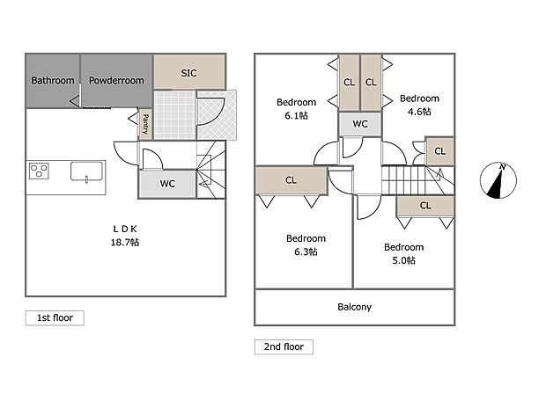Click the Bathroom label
click(x=53, y=81)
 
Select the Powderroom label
click(x=115, y=81)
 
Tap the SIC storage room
click(x=188, y=73)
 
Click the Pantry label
click(x=145, y=125)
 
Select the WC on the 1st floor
click(x=166, y=184)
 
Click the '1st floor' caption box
click(x=55, y=318)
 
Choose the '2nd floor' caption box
click(x=284, y=346)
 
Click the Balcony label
click(x=354, y=307)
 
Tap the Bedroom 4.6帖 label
click(x=419, y=105)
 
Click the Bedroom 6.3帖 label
click(x=306, y=244)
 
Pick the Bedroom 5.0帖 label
click(x=404, y=253)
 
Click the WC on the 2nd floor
click(x=360, y=124)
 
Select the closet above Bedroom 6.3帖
click(x=291, y=180)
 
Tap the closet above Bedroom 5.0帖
click(x=424, y=206)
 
